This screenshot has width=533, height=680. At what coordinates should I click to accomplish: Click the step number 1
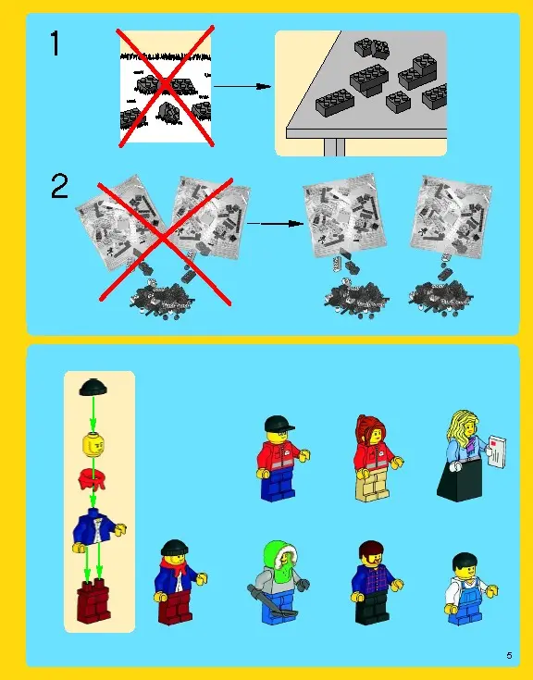(x=56, y=43)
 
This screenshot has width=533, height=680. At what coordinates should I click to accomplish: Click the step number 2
(x=59, y=186)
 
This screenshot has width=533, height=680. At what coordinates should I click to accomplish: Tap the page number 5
(x=509, y=655)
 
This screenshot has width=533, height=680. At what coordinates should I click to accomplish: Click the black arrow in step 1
(x=242, y=86)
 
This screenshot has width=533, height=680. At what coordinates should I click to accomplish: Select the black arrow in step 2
(x=276, y=224)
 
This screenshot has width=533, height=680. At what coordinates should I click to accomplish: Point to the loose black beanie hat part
(x=93, y=388)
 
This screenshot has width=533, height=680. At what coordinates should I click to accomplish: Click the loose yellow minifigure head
(x=93, y=445)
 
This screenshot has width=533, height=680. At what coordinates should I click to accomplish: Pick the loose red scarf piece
(x=92, y=478)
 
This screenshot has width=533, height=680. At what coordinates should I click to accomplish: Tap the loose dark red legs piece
(x=94, y=600)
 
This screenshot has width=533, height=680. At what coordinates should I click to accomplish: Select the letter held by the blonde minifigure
(x=497, y=452)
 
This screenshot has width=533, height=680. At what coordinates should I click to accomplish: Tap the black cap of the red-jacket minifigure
(x=278, y=423)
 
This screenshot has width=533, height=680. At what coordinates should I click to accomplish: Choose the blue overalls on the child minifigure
(x=467, y=599)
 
